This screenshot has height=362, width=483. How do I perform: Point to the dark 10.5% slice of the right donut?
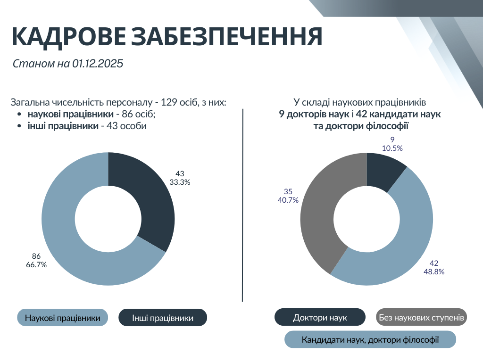384,169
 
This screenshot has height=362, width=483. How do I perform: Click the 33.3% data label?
179,182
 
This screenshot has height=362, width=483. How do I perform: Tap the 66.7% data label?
36,264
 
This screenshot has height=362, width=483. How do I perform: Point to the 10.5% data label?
392,148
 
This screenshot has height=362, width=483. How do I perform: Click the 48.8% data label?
434,271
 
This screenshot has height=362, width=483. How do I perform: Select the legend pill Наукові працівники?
62,318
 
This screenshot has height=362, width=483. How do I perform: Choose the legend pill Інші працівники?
163,318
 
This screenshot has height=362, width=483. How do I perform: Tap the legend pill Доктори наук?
320,318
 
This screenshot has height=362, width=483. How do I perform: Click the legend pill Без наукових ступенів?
422,318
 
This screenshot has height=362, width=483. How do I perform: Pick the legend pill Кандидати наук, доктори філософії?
370,339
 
